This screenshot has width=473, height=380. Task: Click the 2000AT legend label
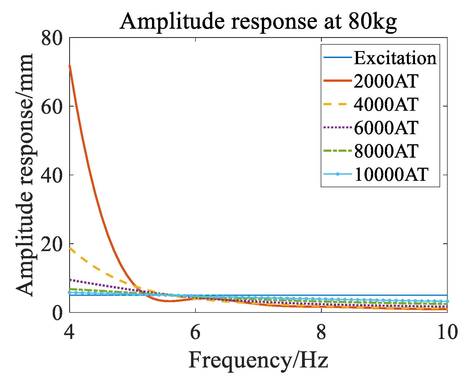(386, 81)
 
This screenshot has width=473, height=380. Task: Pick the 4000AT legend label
(386, 104)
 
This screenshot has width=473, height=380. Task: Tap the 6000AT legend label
(386, 128)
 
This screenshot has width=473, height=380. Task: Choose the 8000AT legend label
(386, 151)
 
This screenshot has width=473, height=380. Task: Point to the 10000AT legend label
(391, 174)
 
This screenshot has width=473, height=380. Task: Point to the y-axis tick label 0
(57, 313)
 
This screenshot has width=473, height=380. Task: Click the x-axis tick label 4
(69, 332)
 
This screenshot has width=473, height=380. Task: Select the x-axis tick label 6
(195, 332)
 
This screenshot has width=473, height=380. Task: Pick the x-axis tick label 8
(321, 332)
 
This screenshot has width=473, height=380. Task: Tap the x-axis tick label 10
(447, 332)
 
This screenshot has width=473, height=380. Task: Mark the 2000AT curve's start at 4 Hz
(70, 66)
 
